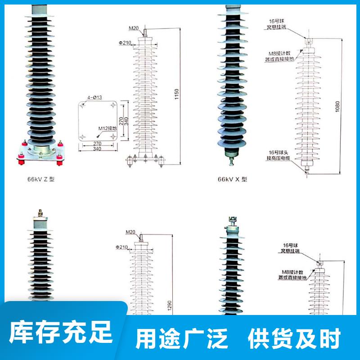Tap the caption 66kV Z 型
tap(43, 180)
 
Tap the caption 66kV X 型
tap(233, 179)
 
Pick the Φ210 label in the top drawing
tap(125, 43)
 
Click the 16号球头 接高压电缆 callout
tap(279, 155)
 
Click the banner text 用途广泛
tap(182, 338)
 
